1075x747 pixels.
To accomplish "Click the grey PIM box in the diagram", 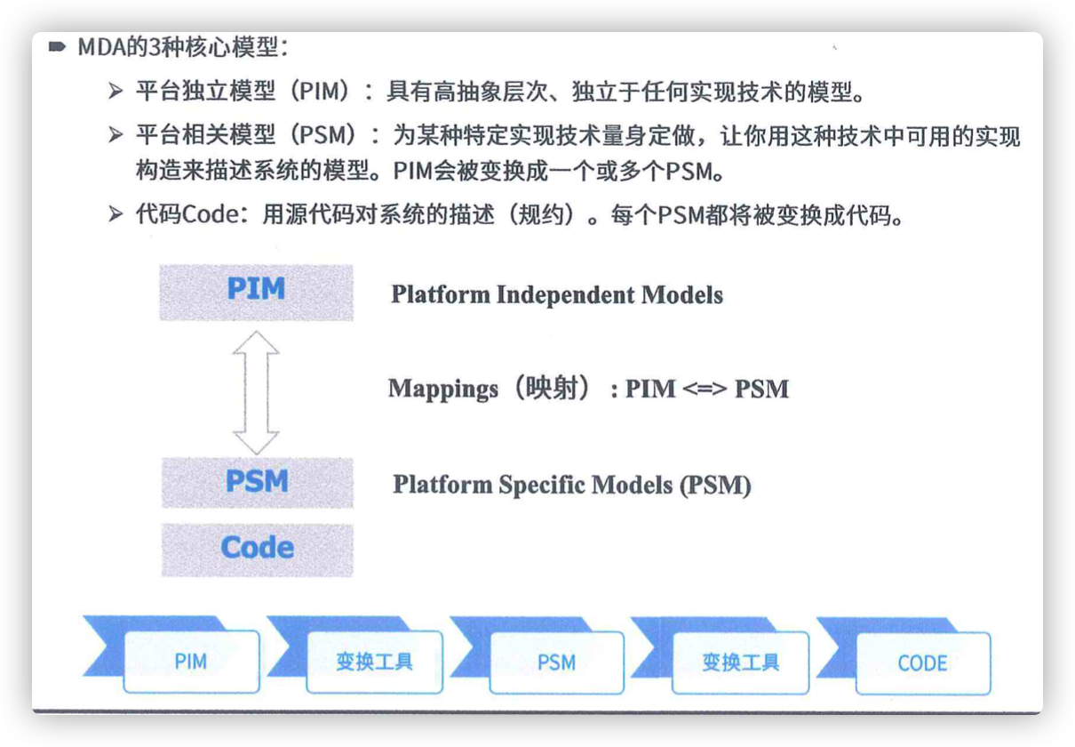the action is (256, 292).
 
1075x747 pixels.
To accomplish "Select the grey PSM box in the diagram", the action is (258, 482).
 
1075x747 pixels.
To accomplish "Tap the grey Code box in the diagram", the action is (258, 550).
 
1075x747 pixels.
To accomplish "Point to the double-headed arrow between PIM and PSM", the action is (256, 392).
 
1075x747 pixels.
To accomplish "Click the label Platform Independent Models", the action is (557, 295).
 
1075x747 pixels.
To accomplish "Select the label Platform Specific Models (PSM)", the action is (572, 485).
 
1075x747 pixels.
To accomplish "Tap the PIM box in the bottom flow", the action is (192, 662).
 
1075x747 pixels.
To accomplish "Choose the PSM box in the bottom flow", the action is (557, 663).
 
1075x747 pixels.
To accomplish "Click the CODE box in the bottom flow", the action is (923, 663).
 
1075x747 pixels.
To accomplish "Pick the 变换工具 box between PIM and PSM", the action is (374, 662).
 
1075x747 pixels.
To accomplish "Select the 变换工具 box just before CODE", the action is (740, 663).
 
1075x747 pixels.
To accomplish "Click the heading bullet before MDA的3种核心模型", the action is (57, 46).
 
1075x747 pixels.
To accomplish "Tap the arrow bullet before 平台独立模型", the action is (115, 91).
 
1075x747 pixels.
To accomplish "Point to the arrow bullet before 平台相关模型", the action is (115, 135).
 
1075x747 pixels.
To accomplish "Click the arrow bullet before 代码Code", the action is (115, 213).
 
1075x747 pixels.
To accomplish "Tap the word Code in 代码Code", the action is (211, 214).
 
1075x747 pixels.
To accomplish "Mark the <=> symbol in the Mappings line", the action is (705, 388).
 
